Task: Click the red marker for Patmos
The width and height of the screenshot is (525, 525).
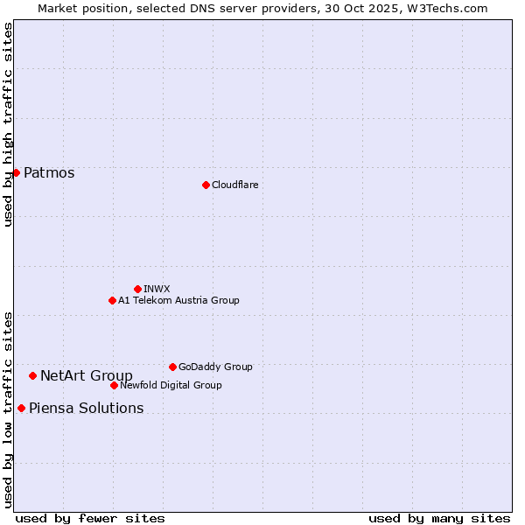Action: (x=16, y=172)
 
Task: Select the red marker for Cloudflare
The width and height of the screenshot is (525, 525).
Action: (x=206, y=185)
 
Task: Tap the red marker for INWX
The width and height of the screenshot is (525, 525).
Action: (x=137, y=289)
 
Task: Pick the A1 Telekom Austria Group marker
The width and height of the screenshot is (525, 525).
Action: (x=112, y=300)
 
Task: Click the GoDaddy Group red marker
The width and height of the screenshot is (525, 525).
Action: (x=172, y=367)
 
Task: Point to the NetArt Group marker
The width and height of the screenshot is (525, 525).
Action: (x=32, y=375)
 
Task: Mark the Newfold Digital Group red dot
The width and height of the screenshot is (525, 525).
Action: (x=114, y=385)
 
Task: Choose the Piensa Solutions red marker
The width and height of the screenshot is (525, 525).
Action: (x=21, y=408)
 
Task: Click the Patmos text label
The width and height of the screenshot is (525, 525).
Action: (x=49, y=172)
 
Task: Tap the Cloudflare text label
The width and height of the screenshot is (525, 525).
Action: (x=234, y=185)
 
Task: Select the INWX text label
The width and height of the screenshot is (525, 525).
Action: (x=157, y=289)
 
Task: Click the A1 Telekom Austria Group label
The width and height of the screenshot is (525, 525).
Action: (x=178, y=300)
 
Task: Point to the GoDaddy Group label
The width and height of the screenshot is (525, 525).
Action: (x=215, y=367)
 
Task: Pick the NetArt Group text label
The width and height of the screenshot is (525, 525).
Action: (x=87, y=375)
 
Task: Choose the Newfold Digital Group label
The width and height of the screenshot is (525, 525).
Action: (x=171, y=385)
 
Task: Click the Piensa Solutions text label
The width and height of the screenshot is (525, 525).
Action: (x=86, y=408)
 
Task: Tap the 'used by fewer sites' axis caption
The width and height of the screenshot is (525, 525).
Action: (x=90, y=518)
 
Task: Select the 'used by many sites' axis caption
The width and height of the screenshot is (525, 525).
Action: (x=439, y=518)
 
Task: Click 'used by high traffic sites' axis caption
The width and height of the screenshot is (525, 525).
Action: (x=8, y=124)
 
